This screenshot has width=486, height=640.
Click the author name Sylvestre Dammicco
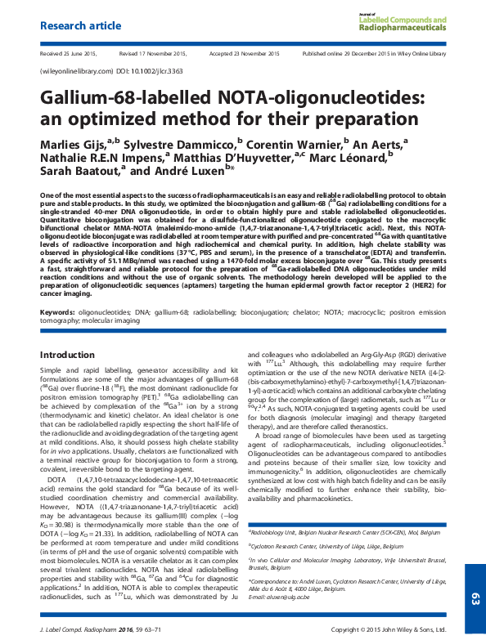tap(176, 144)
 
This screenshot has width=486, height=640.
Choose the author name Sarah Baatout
tap(79, 172)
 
